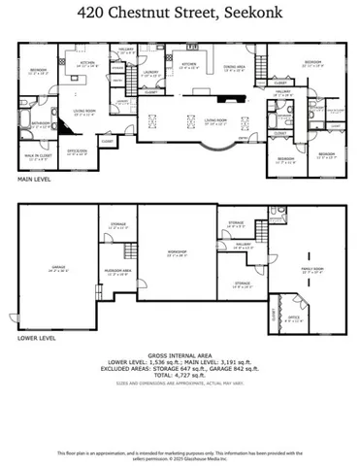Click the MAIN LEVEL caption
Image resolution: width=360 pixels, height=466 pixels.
pyautogui.click(x=36, y=180)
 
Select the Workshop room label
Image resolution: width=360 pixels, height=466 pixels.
pyautogui.click(x=176, y=254)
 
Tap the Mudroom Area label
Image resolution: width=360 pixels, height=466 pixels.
pyautogui.click(x=117, y=272)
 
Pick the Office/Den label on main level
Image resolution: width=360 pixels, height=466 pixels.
pyautogui.click(x=78, y=150)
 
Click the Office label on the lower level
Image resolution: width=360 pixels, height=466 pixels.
pyautogui.click(x=292, y=317)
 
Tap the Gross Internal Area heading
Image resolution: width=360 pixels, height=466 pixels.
pyautogui.click(x=180, y=355)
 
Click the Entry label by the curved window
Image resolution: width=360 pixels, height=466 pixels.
pyautogui.click(x=227, y=139)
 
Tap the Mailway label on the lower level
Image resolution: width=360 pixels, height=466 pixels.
pyautogui.click(x=243, y=245)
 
